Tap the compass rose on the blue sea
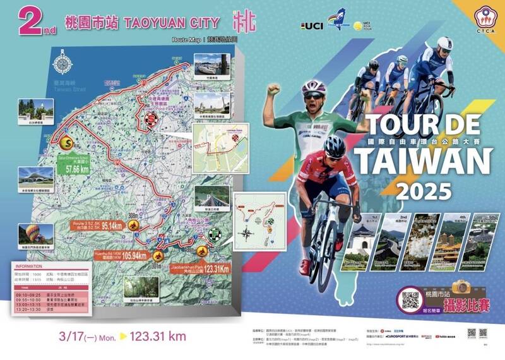63,65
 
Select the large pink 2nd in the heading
37,23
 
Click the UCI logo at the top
313,27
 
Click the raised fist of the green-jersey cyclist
273,89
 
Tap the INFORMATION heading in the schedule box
30,267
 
